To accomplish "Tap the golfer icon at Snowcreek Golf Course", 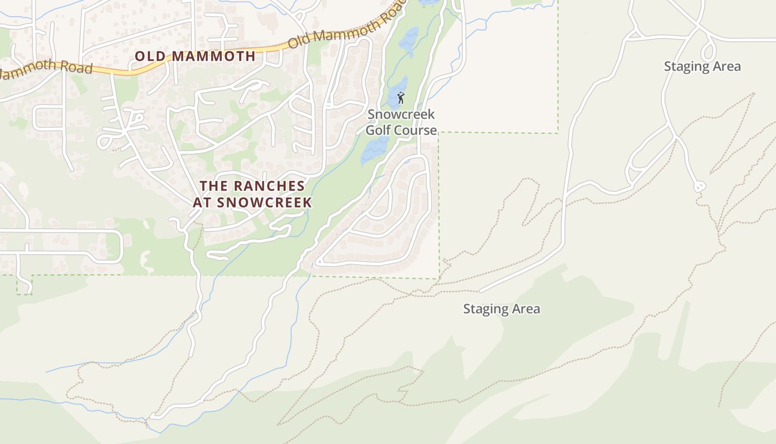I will coord(401,98).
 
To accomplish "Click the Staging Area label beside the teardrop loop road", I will coord(702,67).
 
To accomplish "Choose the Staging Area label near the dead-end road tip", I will coord(501,309).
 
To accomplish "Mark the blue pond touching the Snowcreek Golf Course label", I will coord(375,149).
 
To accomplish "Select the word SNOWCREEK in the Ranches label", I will coord(265,203).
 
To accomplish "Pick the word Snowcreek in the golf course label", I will coord(402,115).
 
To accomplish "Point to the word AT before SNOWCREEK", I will coord(202,203).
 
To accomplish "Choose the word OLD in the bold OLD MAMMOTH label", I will coord(151,56).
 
